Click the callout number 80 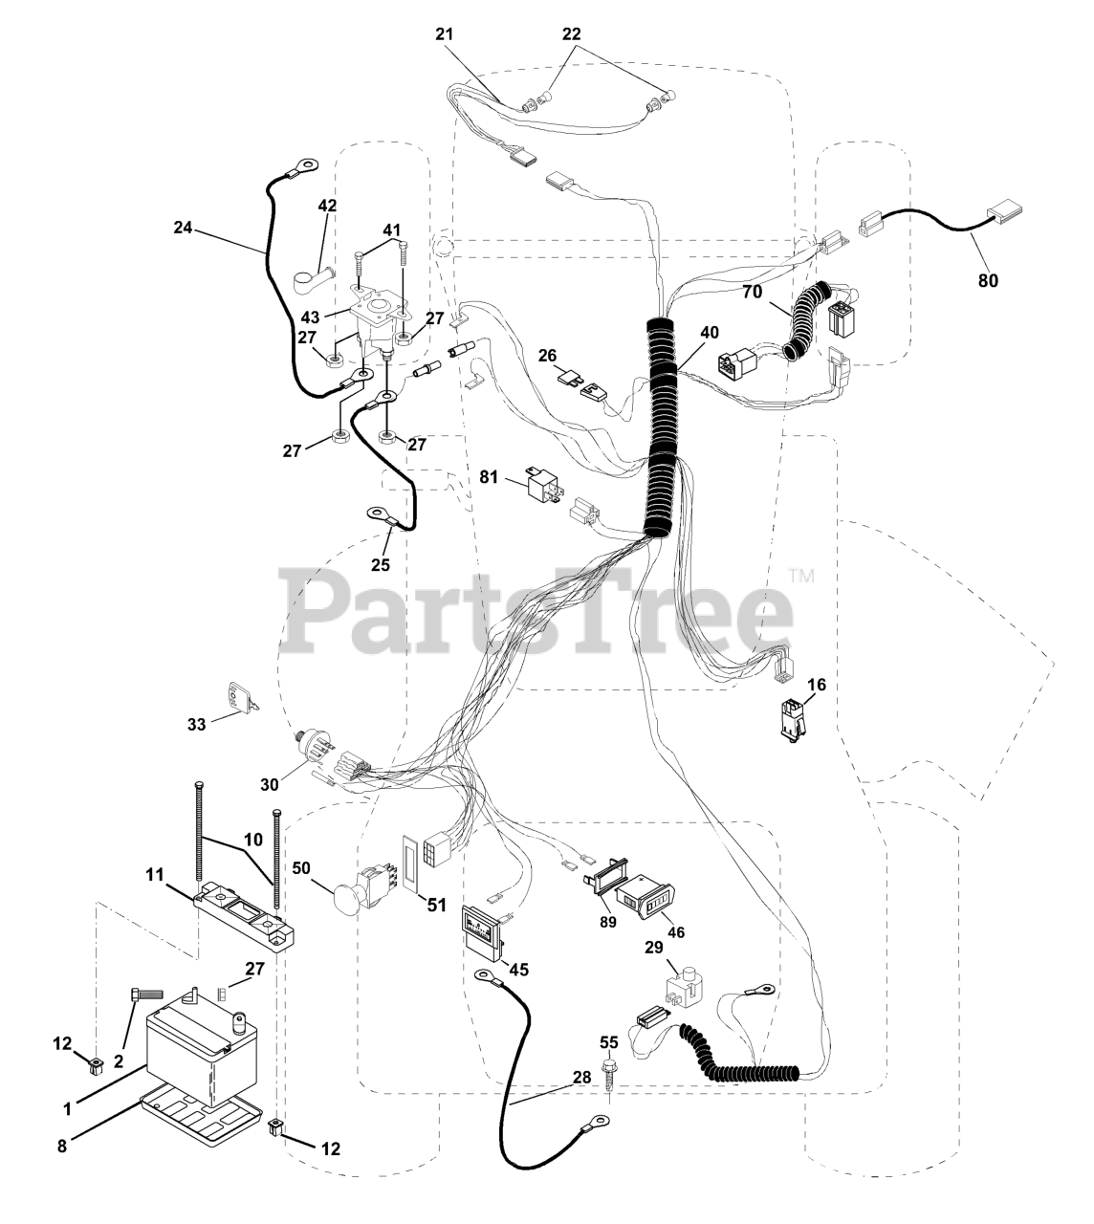[988, 281]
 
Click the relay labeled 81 [543, 485]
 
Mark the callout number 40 [710, 334]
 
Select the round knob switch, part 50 [353, 895]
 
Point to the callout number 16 [816, 685]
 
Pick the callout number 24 [184, 228]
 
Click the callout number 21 [470, 33]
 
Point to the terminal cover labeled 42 [312, 281]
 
